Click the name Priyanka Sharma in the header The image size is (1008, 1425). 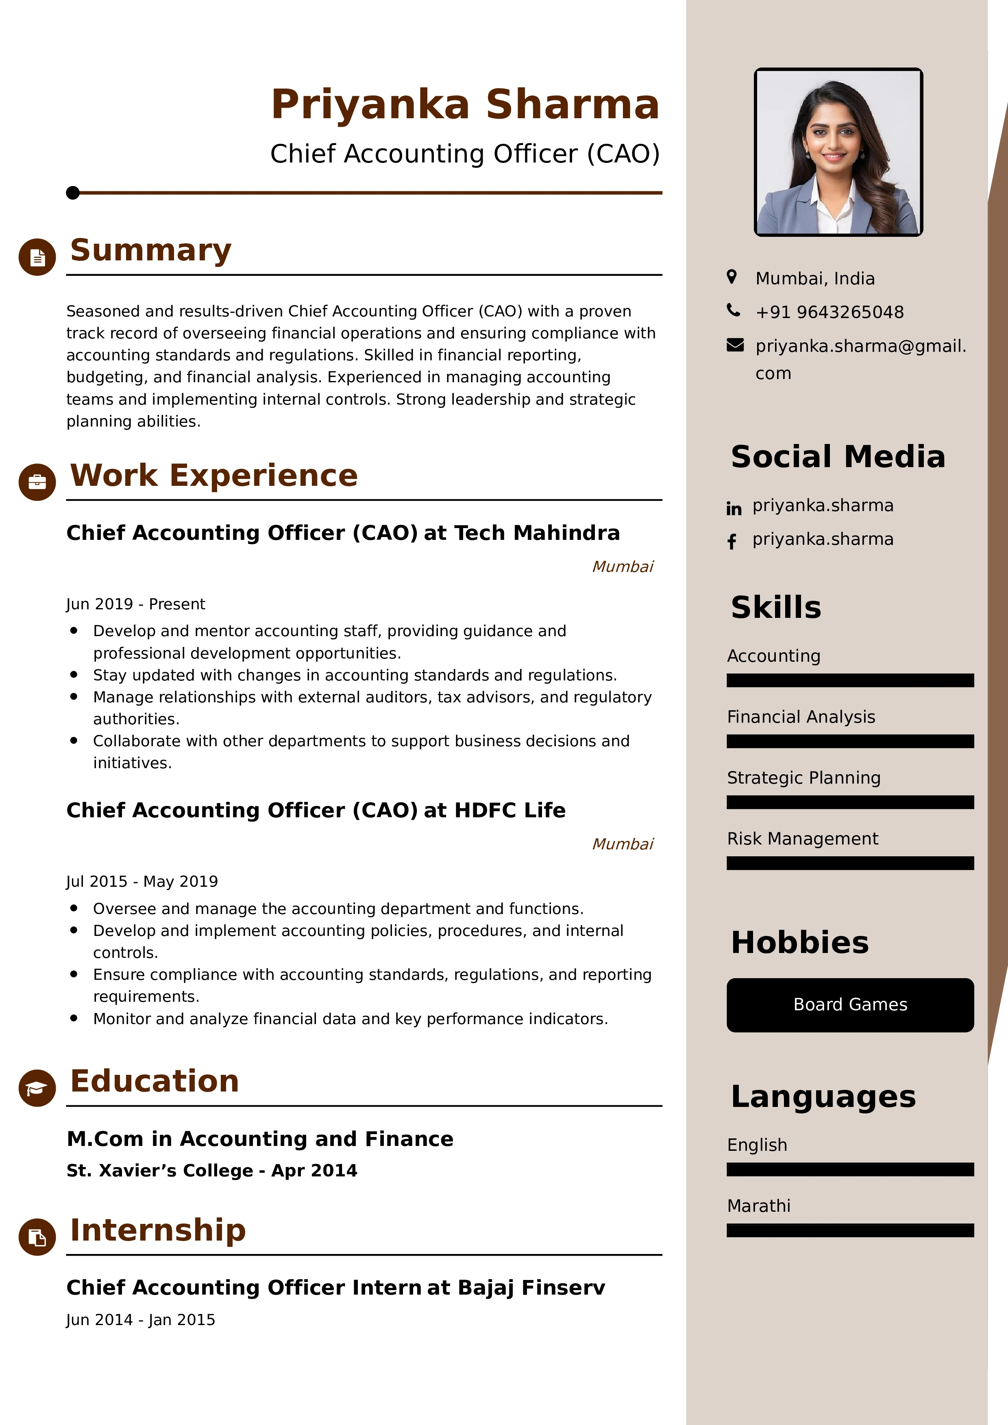tap(465, 104)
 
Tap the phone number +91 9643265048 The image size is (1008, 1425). tap(829, 312)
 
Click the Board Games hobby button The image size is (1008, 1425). tap(850, 1005)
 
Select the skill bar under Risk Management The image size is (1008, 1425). tap(850, 863)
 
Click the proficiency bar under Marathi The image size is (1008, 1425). tap(850, 1230)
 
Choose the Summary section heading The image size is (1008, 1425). tap(150, 250)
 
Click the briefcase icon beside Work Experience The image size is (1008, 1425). tap(37, 482)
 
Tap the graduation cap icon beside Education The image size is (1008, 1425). tap(37, 1088)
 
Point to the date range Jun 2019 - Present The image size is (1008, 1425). tap(135, 604)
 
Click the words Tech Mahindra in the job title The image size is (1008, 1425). tap(537, 533)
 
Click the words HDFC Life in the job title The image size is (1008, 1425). tap(510, 810)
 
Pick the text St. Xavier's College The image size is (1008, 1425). tap(160, 1171)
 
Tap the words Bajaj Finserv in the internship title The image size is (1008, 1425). tap(531, 1288)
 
